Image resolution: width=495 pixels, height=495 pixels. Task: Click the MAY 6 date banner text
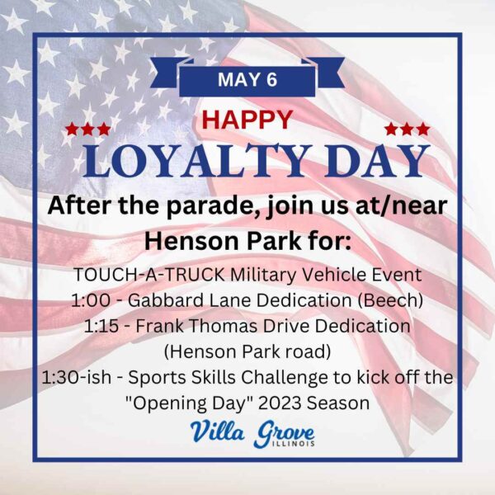click(x=247, y=79)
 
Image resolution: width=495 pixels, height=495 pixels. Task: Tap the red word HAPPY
click(x=247, y=120)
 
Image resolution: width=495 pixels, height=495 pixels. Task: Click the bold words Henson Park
click(x=223, y=241)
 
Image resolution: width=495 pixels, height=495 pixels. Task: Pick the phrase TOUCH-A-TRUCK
click(x=149, y=275)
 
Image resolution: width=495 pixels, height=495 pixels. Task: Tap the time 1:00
click(x=91, y=300)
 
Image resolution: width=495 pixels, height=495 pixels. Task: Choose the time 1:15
click(x=101, y=326)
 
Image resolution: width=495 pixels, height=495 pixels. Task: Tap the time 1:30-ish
click(x=77, y=378)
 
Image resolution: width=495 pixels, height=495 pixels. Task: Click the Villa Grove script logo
click(x=252, y=433)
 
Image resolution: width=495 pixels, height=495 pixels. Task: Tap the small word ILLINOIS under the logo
click(x=294, y=444)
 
